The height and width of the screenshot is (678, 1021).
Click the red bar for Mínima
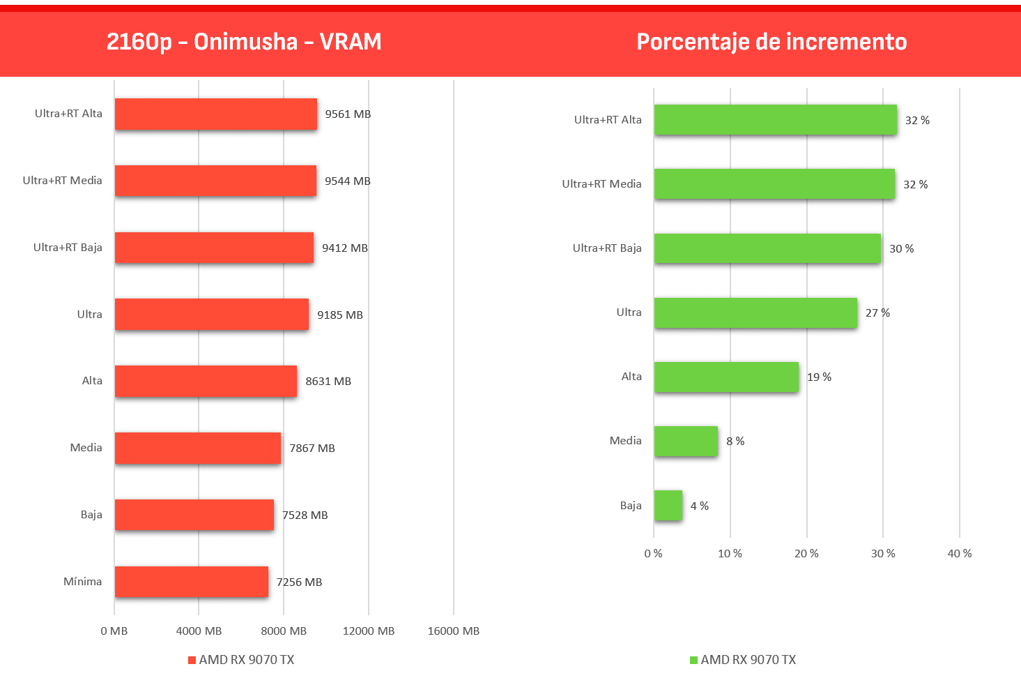[x=192, y=582]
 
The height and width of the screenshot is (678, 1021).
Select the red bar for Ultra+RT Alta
[x=216, y=114]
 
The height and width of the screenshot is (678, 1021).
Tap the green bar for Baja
[x=668, y=505]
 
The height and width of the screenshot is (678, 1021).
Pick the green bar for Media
[x=686, y=441]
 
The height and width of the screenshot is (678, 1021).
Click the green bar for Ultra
[x=755, y=312]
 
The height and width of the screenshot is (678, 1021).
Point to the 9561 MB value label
[x=348, y=114]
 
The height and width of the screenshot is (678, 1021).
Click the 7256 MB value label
[x=299, y=582]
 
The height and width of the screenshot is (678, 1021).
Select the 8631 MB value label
[x=328, y=381]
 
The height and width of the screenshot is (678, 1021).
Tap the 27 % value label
[x=877, y=312]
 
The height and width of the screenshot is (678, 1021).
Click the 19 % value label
[x=819, y=377]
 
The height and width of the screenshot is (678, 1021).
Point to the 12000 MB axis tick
[x=368, y=631]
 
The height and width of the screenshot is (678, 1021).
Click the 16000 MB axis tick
[x=454, y=631]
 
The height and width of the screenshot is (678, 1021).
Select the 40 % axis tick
[x=960, y=553]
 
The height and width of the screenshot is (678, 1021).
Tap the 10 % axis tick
[x=730, y=553]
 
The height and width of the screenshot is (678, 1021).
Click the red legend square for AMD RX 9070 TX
[x=192, y=660]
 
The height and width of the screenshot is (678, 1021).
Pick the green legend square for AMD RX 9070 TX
[x=693, y=660]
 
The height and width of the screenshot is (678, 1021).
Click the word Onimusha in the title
[x=246, y=42]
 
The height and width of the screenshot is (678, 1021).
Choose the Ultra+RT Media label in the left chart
[x=63, y=180]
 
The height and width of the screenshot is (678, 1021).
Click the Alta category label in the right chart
[x=631, y=377]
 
